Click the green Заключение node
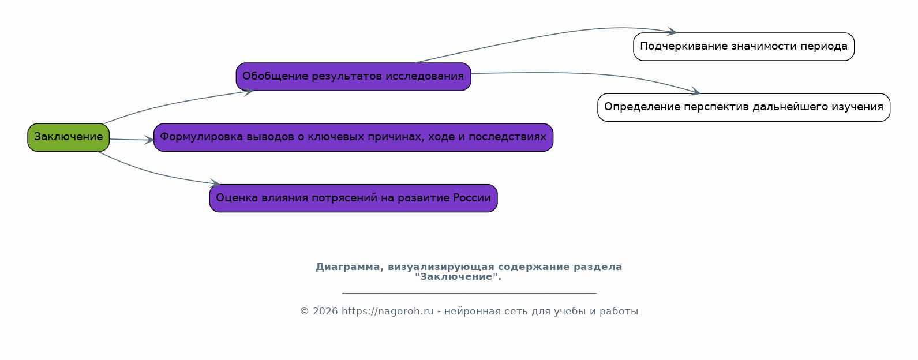tap(68, 137)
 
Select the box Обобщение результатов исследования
tap(353, 77)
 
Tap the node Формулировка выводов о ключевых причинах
tap(353, 137)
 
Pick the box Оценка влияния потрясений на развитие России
tap(353, 198)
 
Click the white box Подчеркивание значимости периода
tap(743, 47)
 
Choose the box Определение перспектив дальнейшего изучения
tap(743, 107)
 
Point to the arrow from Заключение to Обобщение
tap(173, 102)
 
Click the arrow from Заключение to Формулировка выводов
tap(132, 140)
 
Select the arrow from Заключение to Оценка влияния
tap(156, 173)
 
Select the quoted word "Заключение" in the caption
tap(458, 277)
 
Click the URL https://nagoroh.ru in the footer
tap(387, 312)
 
